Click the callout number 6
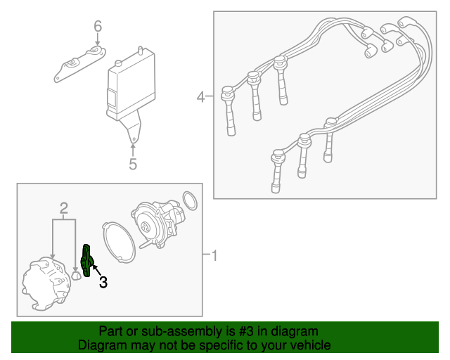98,26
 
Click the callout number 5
133,165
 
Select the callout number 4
201,97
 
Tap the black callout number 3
103,282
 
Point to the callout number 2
64,208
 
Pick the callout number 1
214,255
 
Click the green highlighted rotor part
87,261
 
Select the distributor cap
46,283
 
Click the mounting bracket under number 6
79,65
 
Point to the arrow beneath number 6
98,39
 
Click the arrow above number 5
133,151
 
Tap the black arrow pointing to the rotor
96,271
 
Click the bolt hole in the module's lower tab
134,139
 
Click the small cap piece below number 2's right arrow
75,275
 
